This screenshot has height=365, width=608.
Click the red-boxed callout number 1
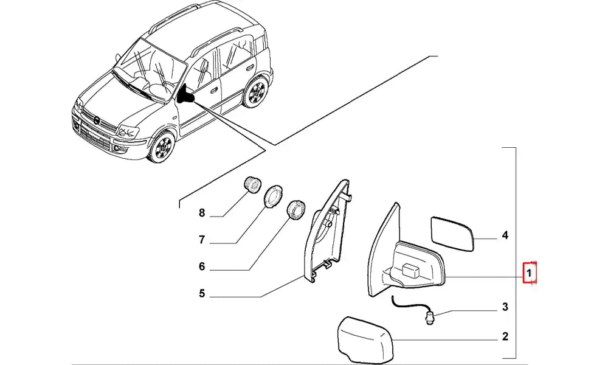click(x=530, y=274)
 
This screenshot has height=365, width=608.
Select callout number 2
click(x=505, y=336)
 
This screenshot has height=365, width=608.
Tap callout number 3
click(x=505, y=307)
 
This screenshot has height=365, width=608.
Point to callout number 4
click(x=505, y=235)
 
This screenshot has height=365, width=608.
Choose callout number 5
click(x=202, y=293)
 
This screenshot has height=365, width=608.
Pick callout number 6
click(x=202, y=266)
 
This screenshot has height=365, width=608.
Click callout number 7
click(x=202, y=240)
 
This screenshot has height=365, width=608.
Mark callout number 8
click(x=202, y=213)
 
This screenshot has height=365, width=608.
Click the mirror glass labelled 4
click(x=452, y=234)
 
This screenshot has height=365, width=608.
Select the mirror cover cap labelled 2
click(x=365, y=339)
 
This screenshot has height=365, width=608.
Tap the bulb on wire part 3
click(x=430, y=318)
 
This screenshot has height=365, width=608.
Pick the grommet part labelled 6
click(x=296, y=210)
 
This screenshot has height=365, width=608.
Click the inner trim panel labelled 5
click(x=327, y=231)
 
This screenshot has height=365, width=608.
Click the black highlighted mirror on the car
click(x=185, y=95)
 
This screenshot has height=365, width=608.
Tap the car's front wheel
click(x=162, y=147)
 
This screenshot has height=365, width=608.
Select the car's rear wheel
click(x=256, y=92)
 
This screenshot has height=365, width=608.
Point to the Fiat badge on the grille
click(x=95, y=121)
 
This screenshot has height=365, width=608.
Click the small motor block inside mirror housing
click(x=410, y=270)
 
